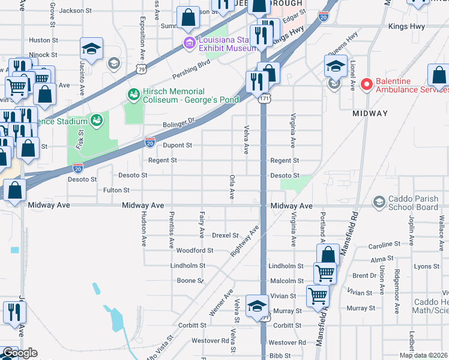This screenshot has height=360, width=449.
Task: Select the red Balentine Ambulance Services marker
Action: click(x=367, y=85)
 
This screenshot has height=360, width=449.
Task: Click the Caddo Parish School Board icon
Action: click(x=379, y=202)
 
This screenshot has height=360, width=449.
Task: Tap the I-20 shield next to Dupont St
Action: click(x=150, y=142)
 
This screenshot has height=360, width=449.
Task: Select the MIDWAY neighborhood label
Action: click(x=370, y=113)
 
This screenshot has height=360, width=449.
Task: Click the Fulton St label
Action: click(x=116, y=190)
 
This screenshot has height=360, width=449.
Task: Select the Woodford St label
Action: click(x=195, y=250)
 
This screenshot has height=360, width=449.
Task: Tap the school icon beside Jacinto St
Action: click(x=91, y=49)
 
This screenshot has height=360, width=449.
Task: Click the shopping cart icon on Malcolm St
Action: click(x=325, y=273)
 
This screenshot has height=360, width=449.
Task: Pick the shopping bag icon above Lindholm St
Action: click(x=328, y=254)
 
